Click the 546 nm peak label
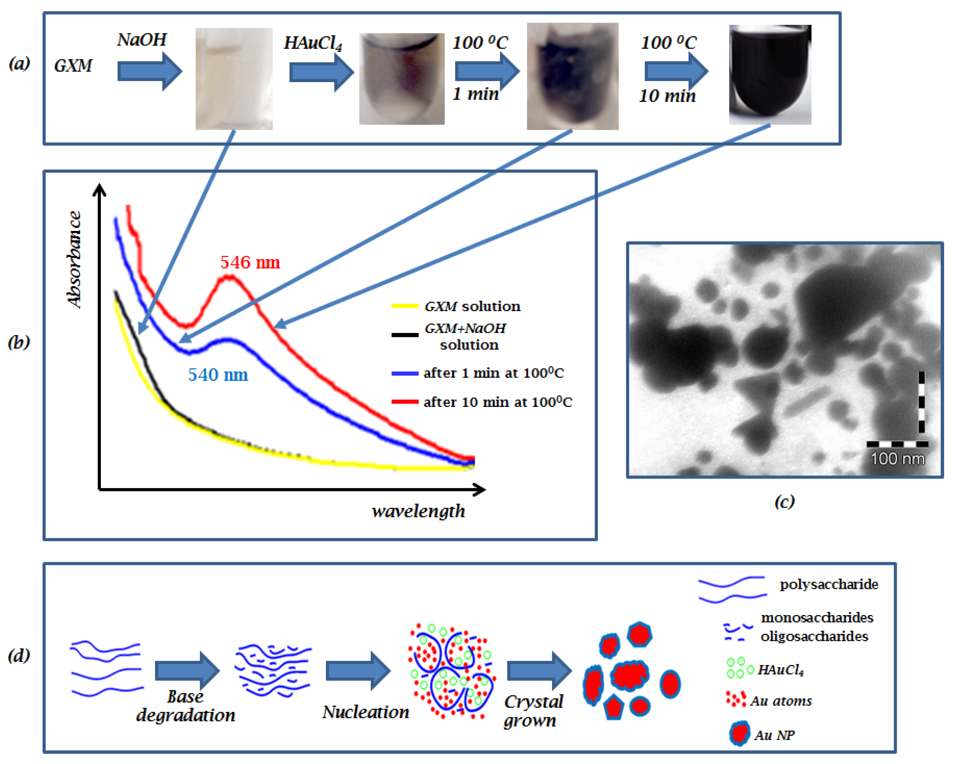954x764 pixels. click(250, 262)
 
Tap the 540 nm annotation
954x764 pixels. click(218, 375)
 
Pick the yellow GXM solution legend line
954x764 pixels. click(405, 306)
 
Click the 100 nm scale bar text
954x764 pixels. click(897, 459)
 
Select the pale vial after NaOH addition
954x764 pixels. click(234, 79)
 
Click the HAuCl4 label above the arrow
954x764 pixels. click(313, 43)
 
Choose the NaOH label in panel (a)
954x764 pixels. click(141, 40)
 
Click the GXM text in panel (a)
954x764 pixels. click(73, 66)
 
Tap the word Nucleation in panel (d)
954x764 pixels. click(365, 712)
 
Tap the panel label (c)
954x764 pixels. click(784, 501)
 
